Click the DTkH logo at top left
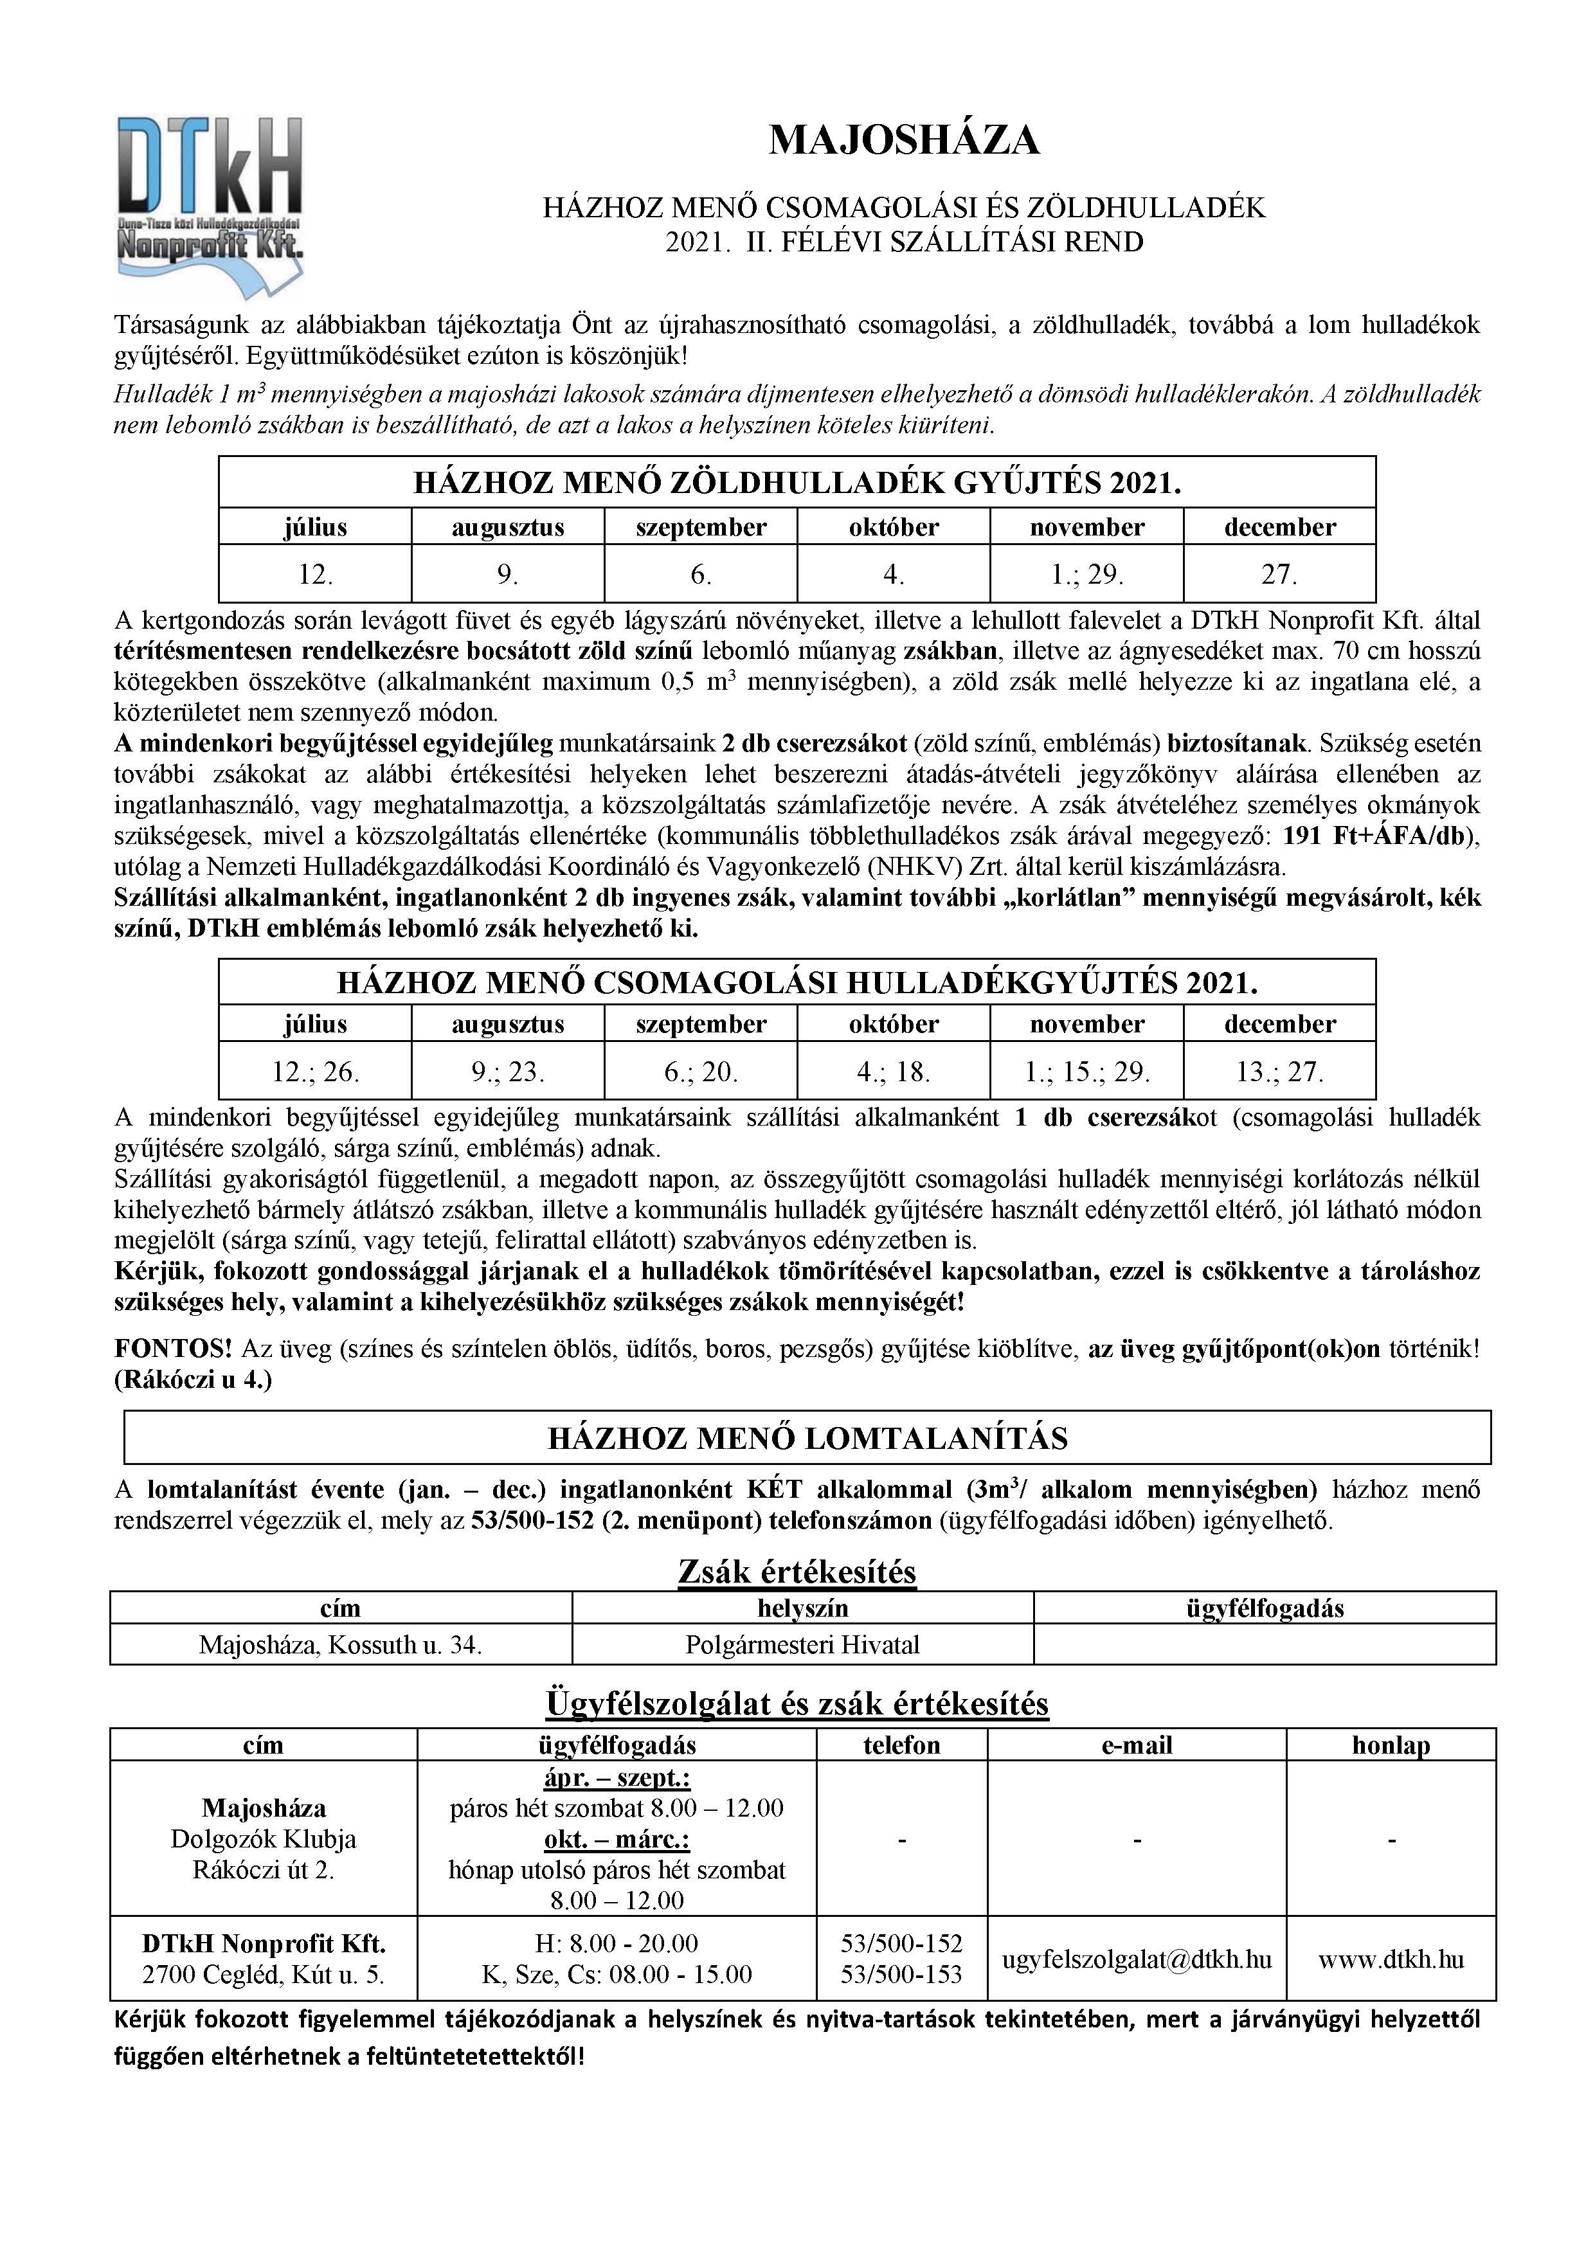pyautogui.click(x=209, y=202)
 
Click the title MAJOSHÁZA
pyautogui.click(x=903, y=140)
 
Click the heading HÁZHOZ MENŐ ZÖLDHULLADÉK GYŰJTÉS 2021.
pyautogui.click(x=797, y=483)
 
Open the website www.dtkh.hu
pyautogui.click(x=1390, y=1959)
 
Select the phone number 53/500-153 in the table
pyautogui.click(x=901, y=1974)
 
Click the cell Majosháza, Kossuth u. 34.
pyautogui.click(x=340, y=1644)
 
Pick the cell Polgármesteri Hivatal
pyautogui.click(x=802, y=1644)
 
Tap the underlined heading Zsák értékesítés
pyautogui.click(x=797, y=1572)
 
